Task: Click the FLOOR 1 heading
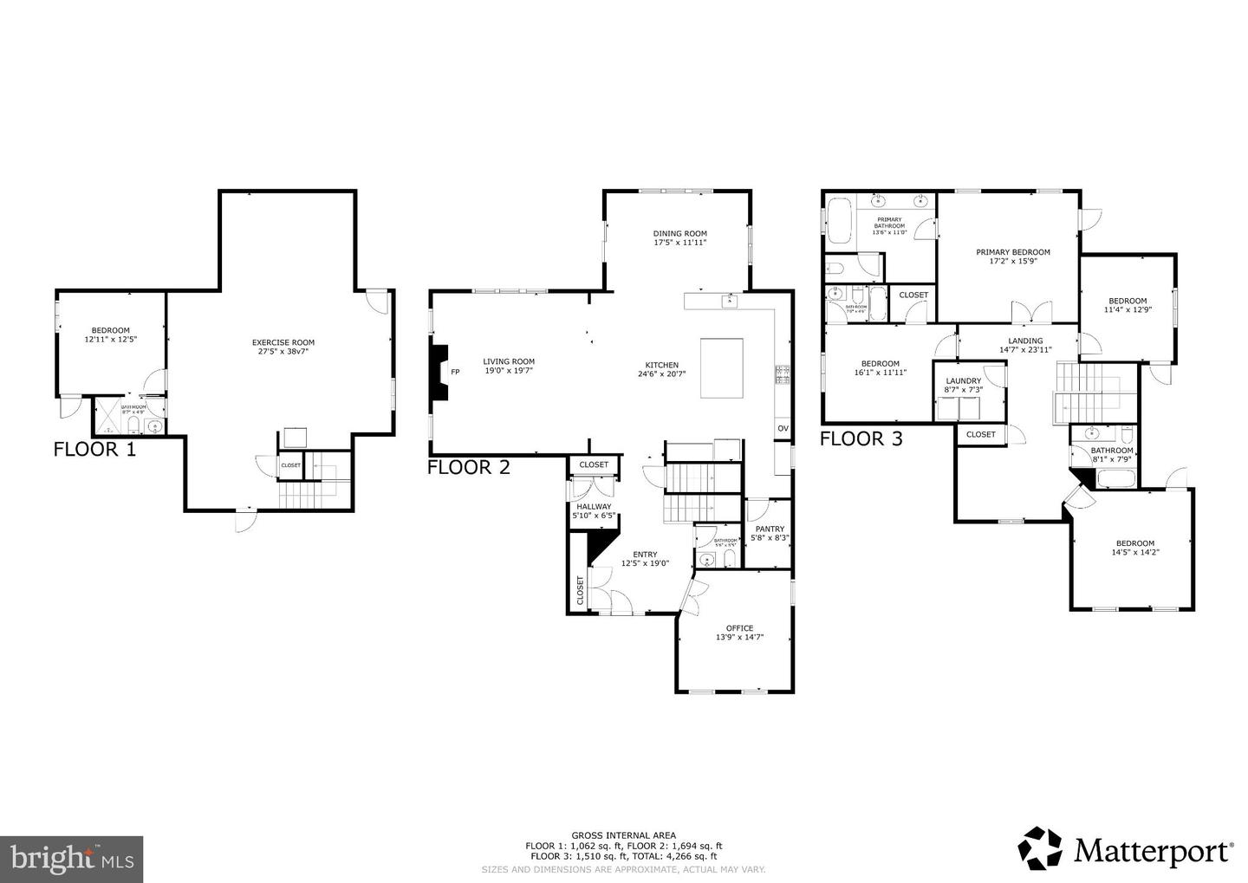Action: pos(94,449)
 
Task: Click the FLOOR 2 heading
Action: pos(468,468)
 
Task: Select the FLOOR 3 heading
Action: pos(861,438)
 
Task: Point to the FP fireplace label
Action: pos(455,372)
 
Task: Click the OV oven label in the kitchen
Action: pos(783,428)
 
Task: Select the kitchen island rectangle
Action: pos(721,368)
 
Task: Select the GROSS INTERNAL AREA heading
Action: pos(623,835)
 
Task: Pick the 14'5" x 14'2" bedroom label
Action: pos(1134,548)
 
